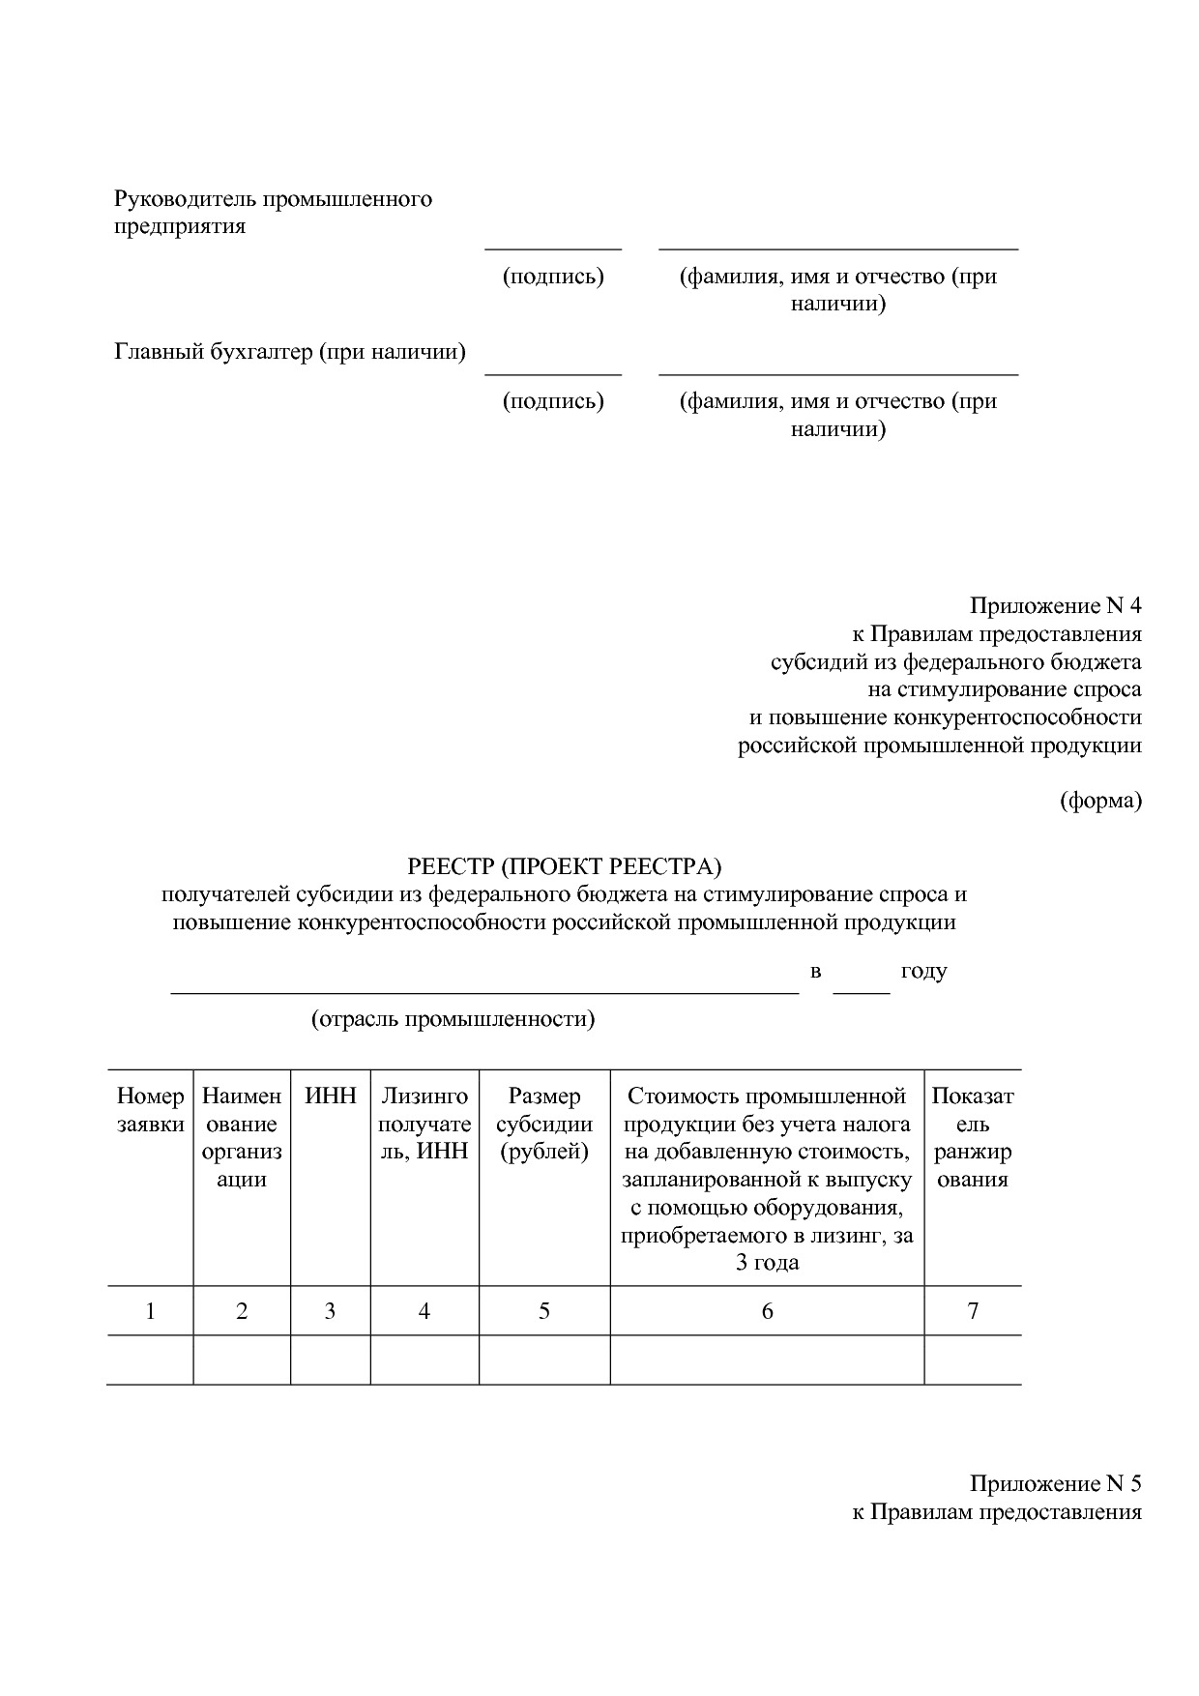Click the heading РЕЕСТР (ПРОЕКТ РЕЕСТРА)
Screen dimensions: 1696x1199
point(565,864)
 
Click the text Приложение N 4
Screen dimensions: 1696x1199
point(1055,606)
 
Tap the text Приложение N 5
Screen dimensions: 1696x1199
point(1055,1483)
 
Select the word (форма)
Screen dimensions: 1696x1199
point(1100,801)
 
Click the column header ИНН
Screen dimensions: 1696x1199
point(331,1096)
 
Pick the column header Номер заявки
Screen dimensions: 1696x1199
point(150,1109)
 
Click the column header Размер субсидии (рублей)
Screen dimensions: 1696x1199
point(544,1124)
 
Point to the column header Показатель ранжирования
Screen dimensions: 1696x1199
point(973,1137)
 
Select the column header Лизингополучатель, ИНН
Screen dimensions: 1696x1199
point(424,1124)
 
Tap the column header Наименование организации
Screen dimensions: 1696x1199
point(242,1137)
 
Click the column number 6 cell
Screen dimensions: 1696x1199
point(767,1311)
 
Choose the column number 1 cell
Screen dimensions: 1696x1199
point(150,1311)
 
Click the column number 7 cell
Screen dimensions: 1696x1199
point(973,1311)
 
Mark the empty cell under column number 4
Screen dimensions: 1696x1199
point(424,1360)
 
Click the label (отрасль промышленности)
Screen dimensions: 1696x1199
point(453,1019)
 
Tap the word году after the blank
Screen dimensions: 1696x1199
point(923,971)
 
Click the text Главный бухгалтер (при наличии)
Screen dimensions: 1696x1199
point(290,352)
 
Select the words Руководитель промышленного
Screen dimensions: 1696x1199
point(274,199)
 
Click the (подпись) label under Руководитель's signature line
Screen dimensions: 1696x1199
point(553,277)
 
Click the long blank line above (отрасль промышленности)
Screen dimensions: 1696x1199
point(484,990)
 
